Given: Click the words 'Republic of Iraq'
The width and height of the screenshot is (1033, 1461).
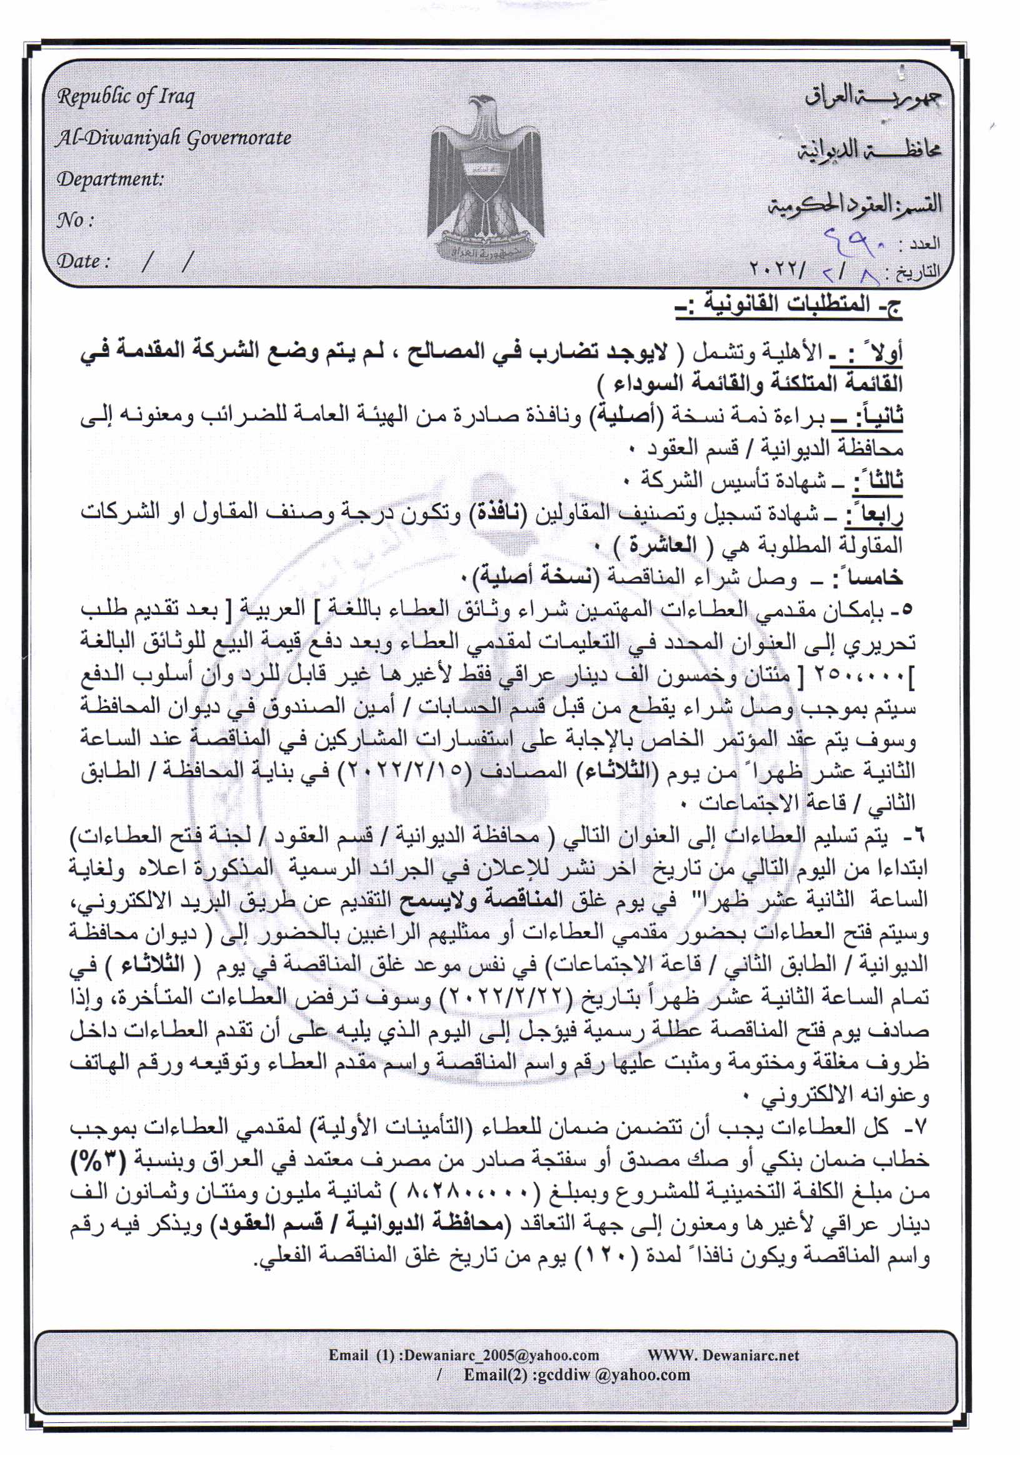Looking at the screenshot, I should pos(126,97).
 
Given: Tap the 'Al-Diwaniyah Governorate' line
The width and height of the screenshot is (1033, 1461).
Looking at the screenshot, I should pos(173,138).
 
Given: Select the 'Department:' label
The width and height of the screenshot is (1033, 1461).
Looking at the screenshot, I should pos(110,179).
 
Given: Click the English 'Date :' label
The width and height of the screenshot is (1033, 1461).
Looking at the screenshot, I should pos(83,261).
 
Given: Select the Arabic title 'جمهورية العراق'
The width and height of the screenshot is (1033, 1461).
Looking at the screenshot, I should pos(872,97).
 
